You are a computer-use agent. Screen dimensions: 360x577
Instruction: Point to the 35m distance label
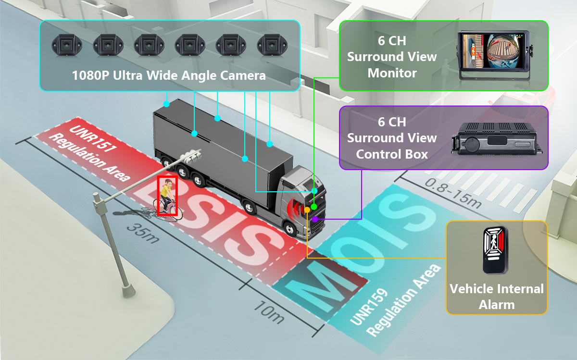[143, 233]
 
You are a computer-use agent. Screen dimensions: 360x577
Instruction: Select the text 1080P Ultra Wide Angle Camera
[169, 75]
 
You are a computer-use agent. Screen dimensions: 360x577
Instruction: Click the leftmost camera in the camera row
[67, 45]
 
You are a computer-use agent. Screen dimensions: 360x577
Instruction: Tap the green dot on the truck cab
[314, 206]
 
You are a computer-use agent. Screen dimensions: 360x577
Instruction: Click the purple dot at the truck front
[314, 219]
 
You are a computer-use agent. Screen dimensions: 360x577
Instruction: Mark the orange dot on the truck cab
[307, 210]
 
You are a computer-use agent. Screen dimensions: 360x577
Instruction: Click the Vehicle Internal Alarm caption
[496, 297]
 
